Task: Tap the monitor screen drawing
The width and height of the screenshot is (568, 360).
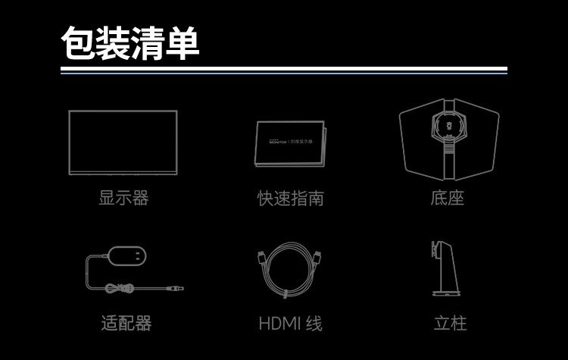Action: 123,142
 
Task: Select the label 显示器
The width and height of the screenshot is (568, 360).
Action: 123,199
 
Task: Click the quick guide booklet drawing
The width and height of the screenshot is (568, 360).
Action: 290,142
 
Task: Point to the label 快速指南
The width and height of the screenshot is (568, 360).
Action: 290,199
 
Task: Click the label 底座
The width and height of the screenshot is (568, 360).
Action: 447,199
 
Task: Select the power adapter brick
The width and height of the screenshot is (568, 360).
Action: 127,258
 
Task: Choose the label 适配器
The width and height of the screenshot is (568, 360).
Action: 126,324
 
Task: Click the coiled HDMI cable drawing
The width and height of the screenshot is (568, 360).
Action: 290,273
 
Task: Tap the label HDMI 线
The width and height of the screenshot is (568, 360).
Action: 290,324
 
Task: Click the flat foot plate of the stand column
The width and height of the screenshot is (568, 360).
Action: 447,293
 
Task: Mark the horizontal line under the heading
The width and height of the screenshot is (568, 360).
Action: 283,70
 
